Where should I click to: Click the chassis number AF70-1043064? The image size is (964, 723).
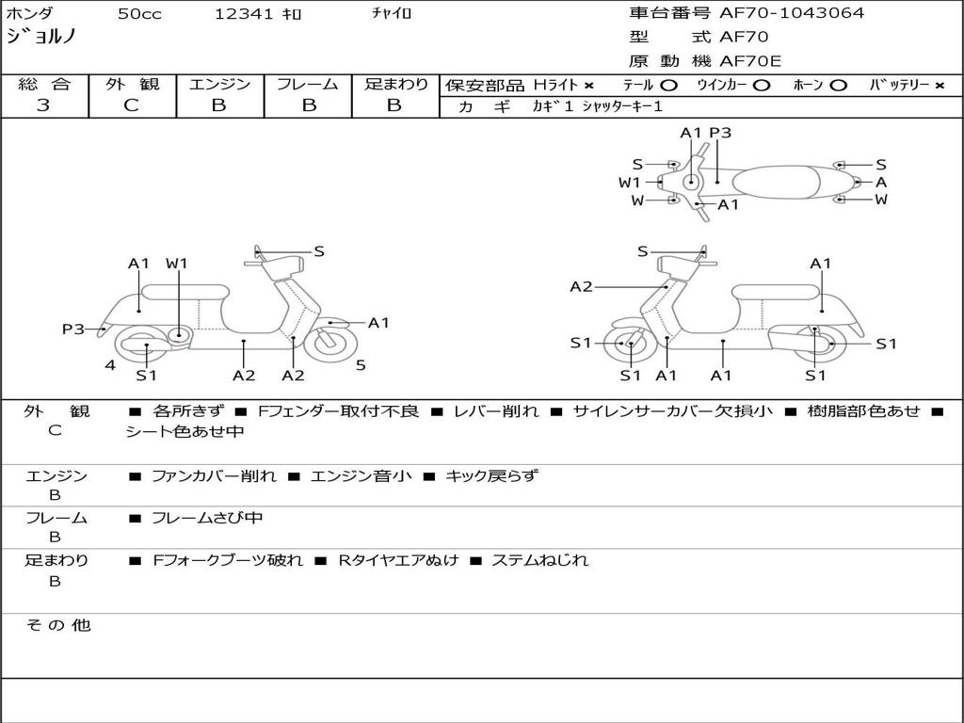[792, 13]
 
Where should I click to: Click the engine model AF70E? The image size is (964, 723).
[750, 61]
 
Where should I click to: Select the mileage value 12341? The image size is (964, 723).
[244, 13]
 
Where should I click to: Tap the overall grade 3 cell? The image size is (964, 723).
[43, 105]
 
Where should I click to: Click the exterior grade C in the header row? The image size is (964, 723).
[131, 105]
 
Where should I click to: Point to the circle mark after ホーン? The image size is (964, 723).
[837, 86]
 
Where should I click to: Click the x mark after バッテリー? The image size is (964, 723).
[939, 86]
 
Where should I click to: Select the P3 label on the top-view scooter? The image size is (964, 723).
[720, 133]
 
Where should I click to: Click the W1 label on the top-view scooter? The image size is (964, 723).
[629, 183]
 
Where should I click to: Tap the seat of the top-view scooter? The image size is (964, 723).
[776, 183]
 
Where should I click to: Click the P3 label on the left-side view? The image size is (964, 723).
[73, 329]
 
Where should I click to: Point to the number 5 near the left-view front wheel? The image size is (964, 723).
[361, 365]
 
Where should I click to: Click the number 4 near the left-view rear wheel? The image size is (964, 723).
[110, 366]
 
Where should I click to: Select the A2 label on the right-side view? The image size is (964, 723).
[581, 286]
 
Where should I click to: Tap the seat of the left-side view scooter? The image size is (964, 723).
[185, 293]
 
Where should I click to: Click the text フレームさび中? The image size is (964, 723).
[207, 519]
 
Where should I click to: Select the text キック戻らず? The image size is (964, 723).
[491, 475]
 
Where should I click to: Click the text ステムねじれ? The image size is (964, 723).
[539, 560]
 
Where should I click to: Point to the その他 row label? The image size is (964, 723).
[58, 625]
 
